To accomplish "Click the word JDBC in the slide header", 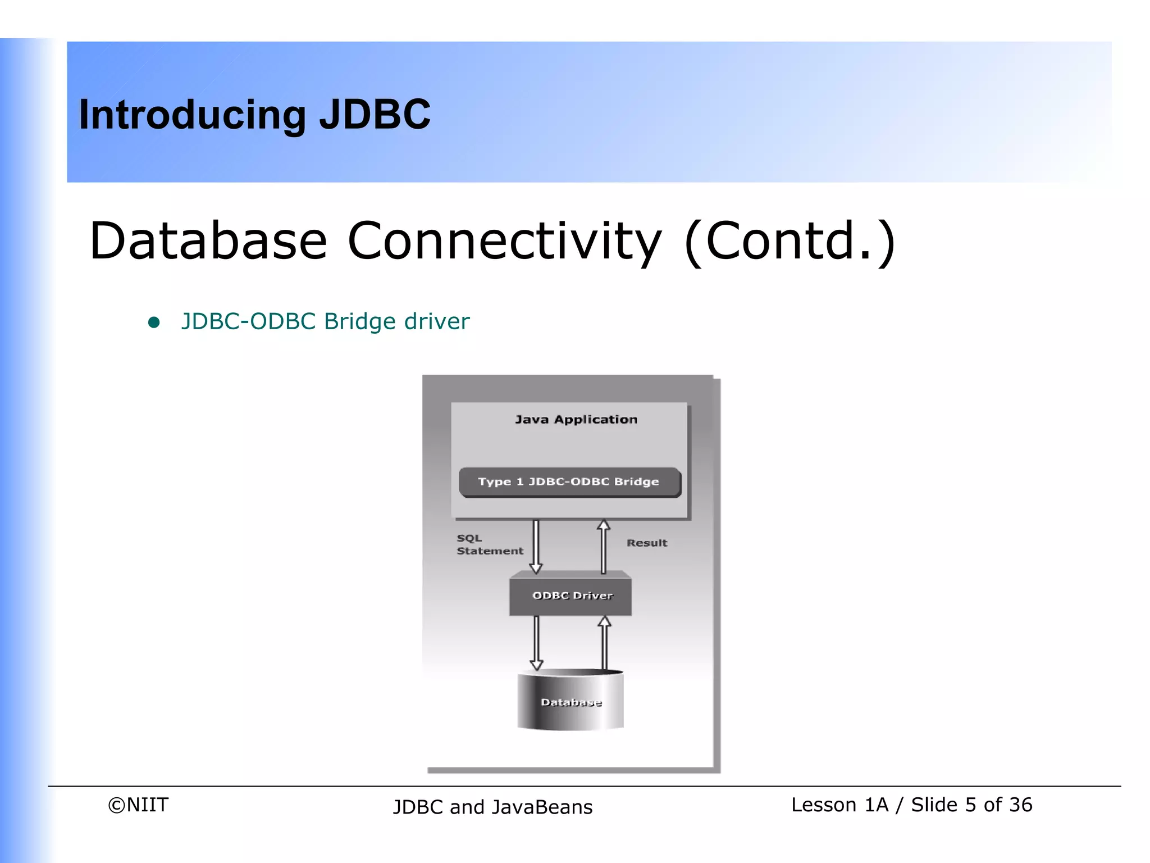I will (x=375, y=115).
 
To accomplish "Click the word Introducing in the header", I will (x=192, y=116).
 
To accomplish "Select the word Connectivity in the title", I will (x=504, y=241).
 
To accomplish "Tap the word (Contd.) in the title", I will (x=790, y=242).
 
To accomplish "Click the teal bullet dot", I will (x=154, y=323).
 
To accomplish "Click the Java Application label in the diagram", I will (x=576, y=419).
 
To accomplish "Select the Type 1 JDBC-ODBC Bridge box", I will (x=569, y=482).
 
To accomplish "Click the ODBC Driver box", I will (x=571, y=596).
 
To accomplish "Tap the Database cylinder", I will (x=571, y=701).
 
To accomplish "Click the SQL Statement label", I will (x=489, y=544).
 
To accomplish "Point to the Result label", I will (x=647, y=543).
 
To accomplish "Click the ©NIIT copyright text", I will (x=138, y=805).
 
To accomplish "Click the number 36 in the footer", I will (x=1020, y=805).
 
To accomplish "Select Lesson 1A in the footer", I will (x=839, y=805).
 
